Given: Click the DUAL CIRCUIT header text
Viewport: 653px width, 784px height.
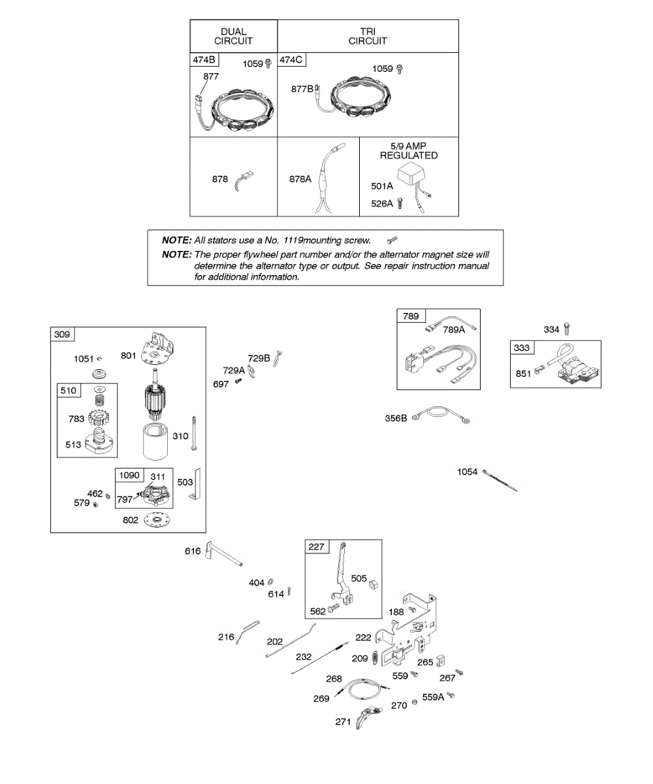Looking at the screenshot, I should pos(233,36).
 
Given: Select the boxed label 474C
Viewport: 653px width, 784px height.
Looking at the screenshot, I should pos(292,60).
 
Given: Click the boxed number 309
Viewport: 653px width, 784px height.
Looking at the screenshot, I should pos(63,335).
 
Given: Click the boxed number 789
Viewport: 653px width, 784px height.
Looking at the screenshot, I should pos(411,317).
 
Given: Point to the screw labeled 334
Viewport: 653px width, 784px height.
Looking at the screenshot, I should pos(567,329).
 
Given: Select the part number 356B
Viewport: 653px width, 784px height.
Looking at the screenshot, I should pos(396,418).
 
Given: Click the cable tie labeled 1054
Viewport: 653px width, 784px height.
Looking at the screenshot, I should pos(502,480).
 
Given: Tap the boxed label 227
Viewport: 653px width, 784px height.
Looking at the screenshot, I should pos(317,547).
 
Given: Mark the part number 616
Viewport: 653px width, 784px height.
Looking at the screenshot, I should pos(193,552).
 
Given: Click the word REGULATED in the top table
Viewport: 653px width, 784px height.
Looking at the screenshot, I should pos(409,155).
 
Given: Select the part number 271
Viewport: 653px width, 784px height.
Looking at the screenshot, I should pos(343,722).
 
